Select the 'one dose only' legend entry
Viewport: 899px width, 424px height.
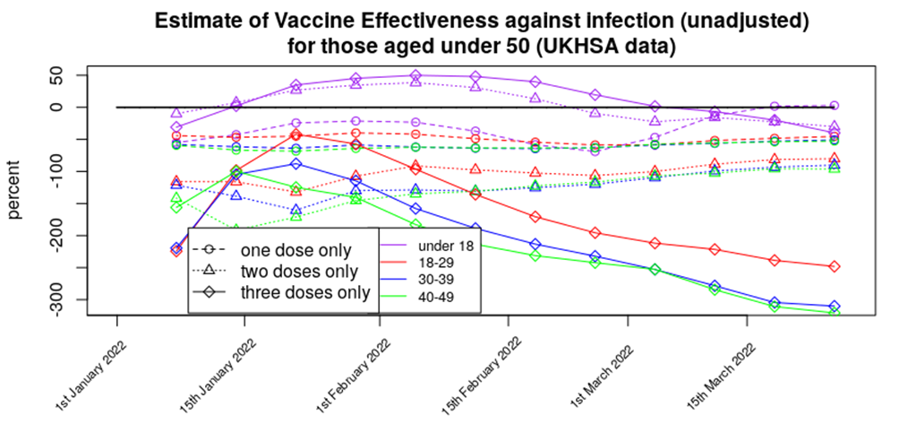coord(296,251)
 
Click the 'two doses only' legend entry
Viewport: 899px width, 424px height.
coord(300,272)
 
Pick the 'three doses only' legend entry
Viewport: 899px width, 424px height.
coord(305,292)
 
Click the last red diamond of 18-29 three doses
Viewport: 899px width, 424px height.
coord(834,266)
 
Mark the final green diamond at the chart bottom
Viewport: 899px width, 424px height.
coord(834,313)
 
